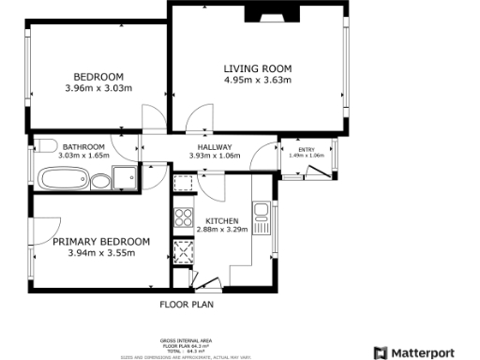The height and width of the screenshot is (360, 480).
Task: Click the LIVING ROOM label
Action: pyautogui.click(x=257, y=68)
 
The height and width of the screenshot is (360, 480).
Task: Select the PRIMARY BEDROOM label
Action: pyautogui.click(x=101, y=241)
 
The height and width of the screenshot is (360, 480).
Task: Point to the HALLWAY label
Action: pyautogui.click(x=215, y=147)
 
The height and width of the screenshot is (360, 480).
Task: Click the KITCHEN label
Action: pyautogui.click(x=221, y=220)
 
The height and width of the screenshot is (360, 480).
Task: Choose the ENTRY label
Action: pyautogui.click(x=306, y=149)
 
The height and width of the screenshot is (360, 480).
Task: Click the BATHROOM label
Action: pyautogui.click(x=82, y=147)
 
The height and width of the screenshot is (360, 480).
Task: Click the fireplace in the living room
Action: pyautogui.click(x=268, y=12)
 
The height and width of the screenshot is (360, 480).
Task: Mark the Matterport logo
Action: pyautogui.click(x=421, y=352)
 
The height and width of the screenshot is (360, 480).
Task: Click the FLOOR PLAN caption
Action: pyautogui.click(x=187, y=305)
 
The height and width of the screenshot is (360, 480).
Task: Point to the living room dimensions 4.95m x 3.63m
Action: pyautogui.click(x=257, y=81)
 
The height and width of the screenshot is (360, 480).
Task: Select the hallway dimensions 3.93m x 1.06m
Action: pyautogui.click(x=215, y=157)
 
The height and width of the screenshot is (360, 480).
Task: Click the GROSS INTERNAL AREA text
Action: pyautogui.click(x=187, y=341)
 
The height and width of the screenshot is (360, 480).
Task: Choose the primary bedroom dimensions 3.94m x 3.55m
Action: pyautogui.click(x=101, y=252)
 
